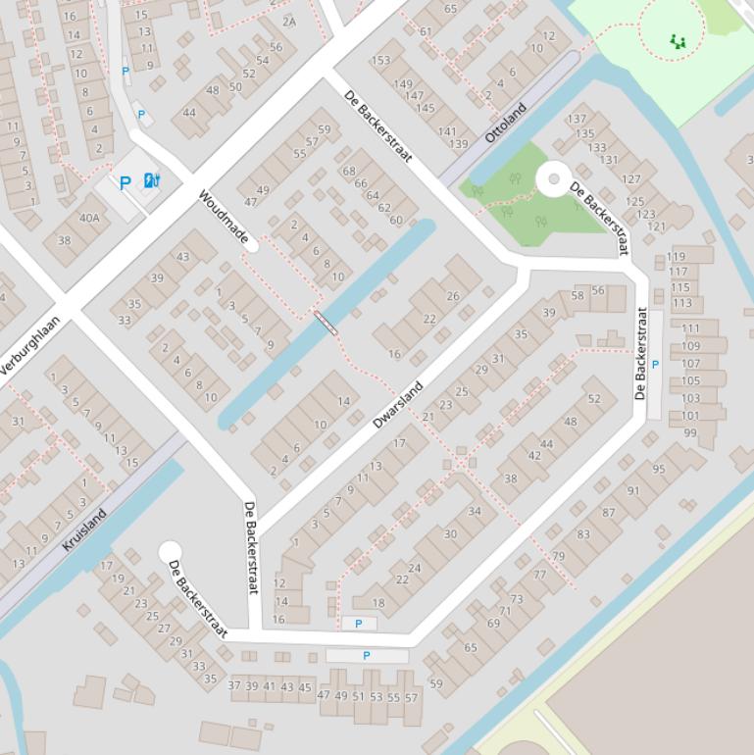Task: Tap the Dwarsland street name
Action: [x=397, y=405]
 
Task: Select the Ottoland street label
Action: [x=506, y=123]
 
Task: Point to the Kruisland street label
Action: [x=84, y=529]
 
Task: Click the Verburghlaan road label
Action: [x=29, y=345]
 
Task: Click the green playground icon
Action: [x=677, y=41]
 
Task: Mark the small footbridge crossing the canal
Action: [x=326, y=323]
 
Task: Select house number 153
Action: [x=380, y=61]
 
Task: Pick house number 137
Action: [x=577, y=120]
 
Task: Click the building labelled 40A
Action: [x=89, y=218]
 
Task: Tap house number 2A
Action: [x=288, y=21]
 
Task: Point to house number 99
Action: [x=690, y=432]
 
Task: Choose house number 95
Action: [x=659, y=469]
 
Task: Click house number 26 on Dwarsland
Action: [x=452, y=296]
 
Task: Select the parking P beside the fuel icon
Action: [x=125, y=181]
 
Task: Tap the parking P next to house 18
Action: [x=358, y=624]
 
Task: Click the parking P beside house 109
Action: [x=655, y=365]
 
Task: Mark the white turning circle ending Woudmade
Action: [x=252, y=245]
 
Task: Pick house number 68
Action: [x=349, y=172]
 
